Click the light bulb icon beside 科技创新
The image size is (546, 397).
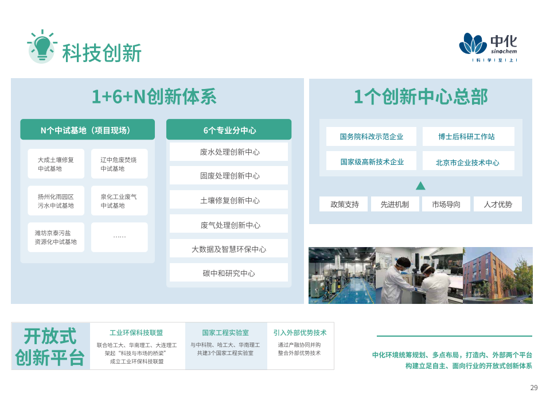(42, 47)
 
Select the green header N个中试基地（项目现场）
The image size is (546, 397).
(87, 130)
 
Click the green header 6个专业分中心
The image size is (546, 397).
(229, 130)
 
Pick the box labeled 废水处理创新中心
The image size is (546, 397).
(229, 152)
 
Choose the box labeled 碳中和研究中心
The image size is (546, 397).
(229, 273)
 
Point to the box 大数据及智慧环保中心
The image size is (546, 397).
(229, 249)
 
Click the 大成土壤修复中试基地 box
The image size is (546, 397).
(56, 164)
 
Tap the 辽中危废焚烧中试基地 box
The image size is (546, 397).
(119, 164)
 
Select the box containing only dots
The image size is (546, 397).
(119, 237)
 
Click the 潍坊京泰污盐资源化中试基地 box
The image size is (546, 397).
(56, 237)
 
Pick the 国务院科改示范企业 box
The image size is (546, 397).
(371, 136)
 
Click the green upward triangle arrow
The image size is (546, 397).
(420, 186)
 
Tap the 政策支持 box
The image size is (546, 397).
(344, 204)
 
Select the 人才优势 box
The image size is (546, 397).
(498, 204)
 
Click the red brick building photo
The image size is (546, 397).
(498, 275)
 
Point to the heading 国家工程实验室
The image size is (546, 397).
(225, 333)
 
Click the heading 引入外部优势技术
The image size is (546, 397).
(300, 333)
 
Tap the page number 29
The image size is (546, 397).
(534, 388)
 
